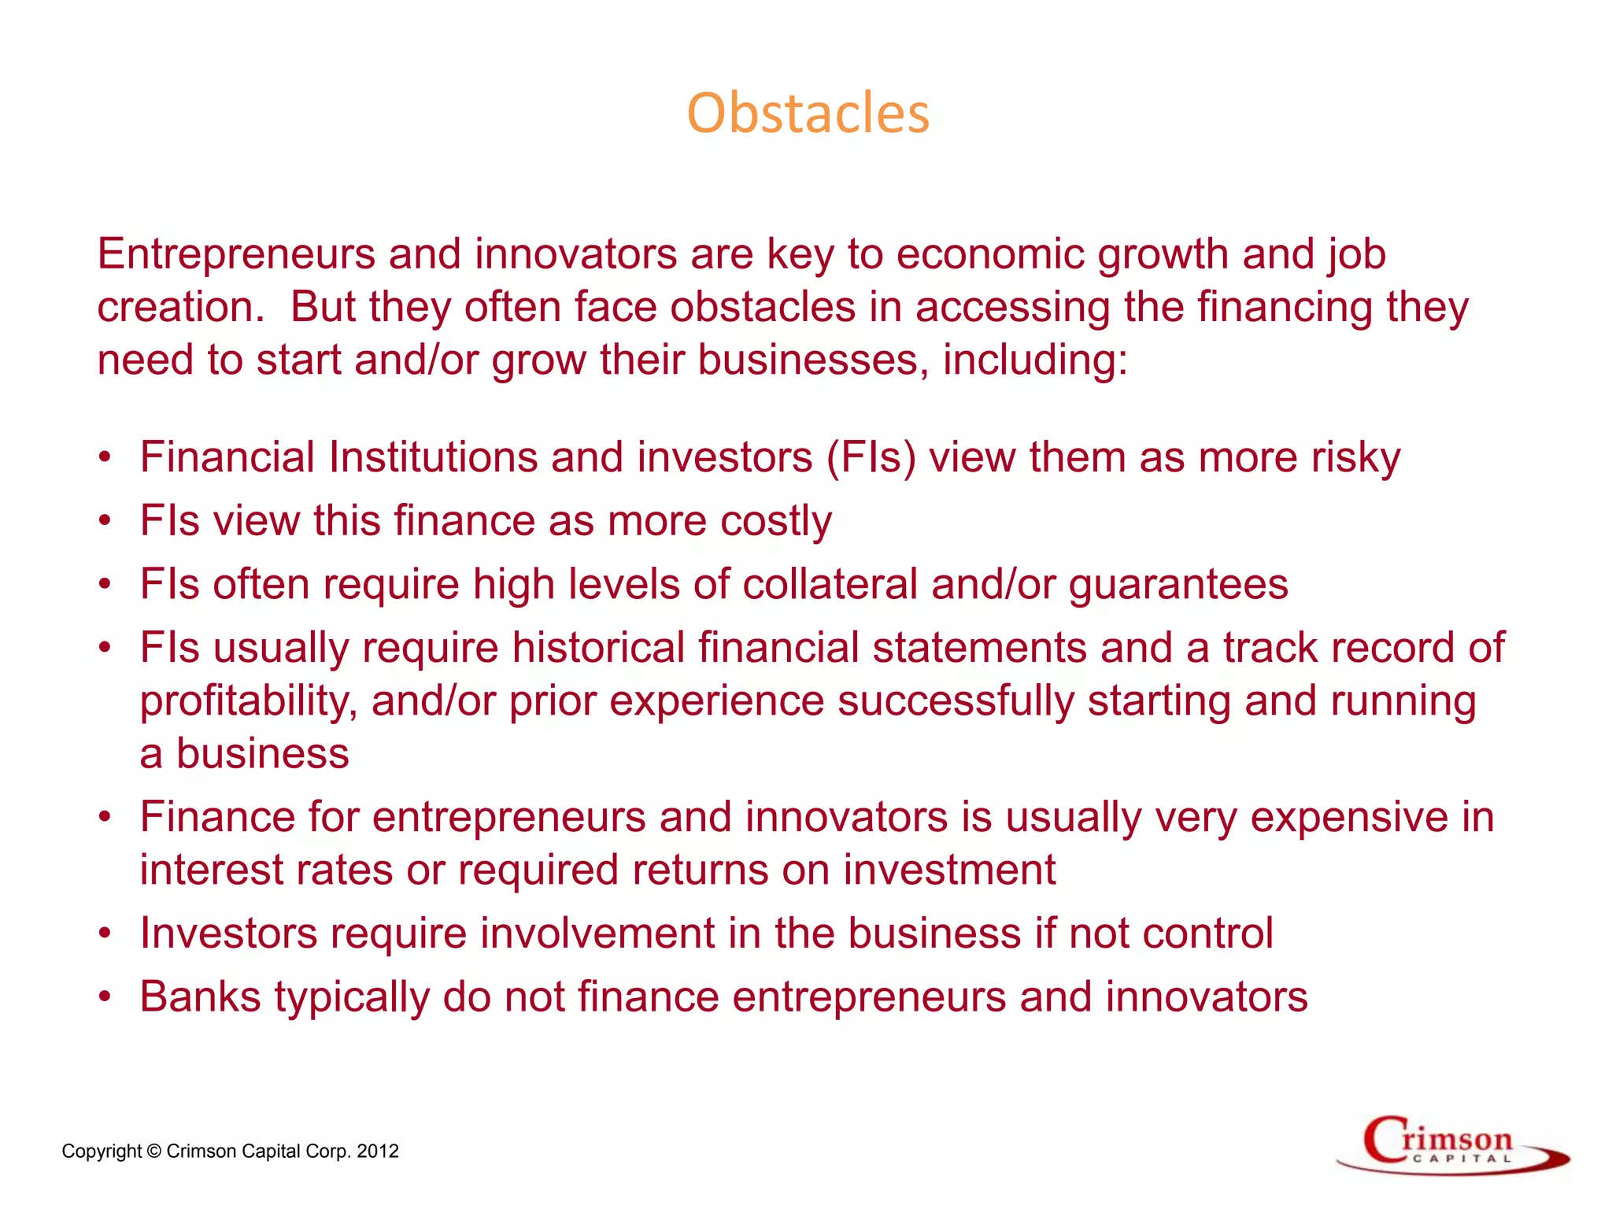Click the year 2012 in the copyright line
[x=378, y=1152]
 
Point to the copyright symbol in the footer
[x=154, y=1152]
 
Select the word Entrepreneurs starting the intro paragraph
[x=236, y=254]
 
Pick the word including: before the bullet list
[x=1035, y=360]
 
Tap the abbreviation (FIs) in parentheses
[x=871, y=457]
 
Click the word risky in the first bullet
[x=1355, y=457]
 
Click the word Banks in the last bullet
[x=200, y=997]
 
